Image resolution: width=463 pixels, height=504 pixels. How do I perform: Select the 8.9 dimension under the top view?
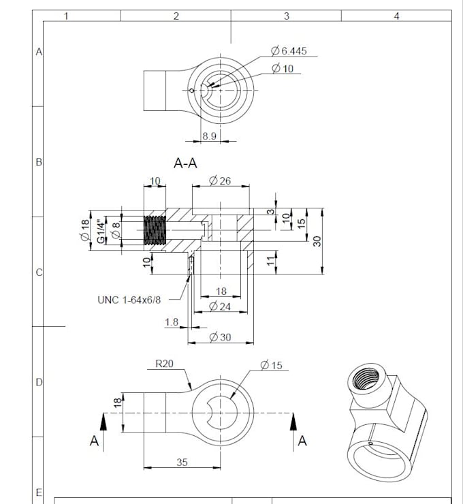click(210, 136)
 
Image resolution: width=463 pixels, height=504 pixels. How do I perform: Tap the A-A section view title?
click(186, 163)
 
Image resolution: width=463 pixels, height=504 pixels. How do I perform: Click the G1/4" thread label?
click(101, 232)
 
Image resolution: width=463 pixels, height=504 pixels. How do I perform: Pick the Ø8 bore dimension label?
click(116, 232)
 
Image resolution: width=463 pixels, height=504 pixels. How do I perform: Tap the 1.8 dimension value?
click(172, 321)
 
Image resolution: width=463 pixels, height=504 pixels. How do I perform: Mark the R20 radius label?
click(164, 364)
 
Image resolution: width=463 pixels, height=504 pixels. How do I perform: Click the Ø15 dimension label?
click(271, 366)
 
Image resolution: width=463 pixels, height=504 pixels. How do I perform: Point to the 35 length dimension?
click(182, 462)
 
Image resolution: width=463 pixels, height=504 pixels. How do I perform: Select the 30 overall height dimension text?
click(317, 241)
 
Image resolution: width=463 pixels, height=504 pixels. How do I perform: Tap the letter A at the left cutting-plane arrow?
click(95, 441)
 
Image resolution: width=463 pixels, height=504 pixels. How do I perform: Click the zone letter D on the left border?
click(39, 383)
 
